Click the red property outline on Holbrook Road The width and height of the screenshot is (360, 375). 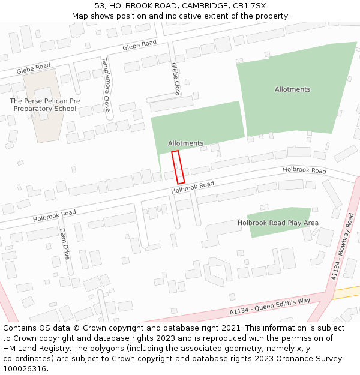[x=178, y=167]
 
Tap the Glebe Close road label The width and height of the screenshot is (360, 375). [x=175, y=79]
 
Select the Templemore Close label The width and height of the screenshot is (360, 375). [x=106, y=84]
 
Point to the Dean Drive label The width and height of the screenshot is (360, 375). [x=65, y=243]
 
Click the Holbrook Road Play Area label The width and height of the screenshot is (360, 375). [x=278, y=223]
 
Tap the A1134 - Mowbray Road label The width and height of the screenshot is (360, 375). [x=343, y=247]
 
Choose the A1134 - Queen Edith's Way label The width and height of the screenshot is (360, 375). [x=269, y=305]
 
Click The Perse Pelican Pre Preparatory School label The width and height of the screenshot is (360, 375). [x=45, y=105]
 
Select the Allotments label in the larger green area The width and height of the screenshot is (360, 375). [x=292, y=89]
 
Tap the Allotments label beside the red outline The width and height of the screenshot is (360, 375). [x=185, y=143]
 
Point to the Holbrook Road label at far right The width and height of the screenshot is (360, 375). [x=304, y=170]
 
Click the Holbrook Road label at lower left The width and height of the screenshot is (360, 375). [x=55, y=215]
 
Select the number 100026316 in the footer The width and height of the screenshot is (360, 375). [x=25, y=368]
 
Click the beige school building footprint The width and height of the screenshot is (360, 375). [x=47, y=123]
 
